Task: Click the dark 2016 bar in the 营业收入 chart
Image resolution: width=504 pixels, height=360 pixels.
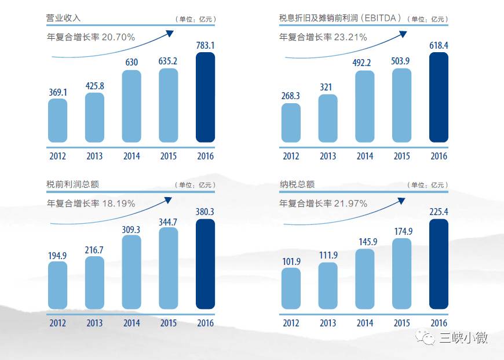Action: click(205, 97)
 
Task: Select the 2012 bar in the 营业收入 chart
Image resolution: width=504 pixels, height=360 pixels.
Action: click(57, 121)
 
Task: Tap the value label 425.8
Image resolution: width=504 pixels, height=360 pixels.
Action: click(94, 86)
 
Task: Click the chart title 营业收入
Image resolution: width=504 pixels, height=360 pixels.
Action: click(63, 18)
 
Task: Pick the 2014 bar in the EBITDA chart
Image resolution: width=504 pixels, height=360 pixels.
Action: click(364, 107)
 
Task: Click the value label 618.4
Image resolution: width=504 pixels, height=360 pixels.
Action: click(439, 45)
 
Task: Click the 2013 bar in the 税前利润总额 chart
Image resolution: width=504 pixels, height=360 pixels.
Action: click(94, 283)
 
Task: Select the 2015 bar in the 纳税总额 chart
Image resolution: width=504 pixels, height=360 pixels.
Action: click(401, 274)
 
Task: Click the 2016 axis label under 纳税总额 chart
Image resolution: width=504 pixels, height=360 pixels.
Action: click(439, 323)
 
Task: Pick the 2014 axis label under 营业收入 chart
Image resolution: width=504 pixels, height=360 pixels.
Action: click(132, 156)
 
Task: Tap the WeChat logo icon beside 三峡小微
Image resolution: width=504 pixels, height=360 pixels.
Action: click(429, 337)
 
